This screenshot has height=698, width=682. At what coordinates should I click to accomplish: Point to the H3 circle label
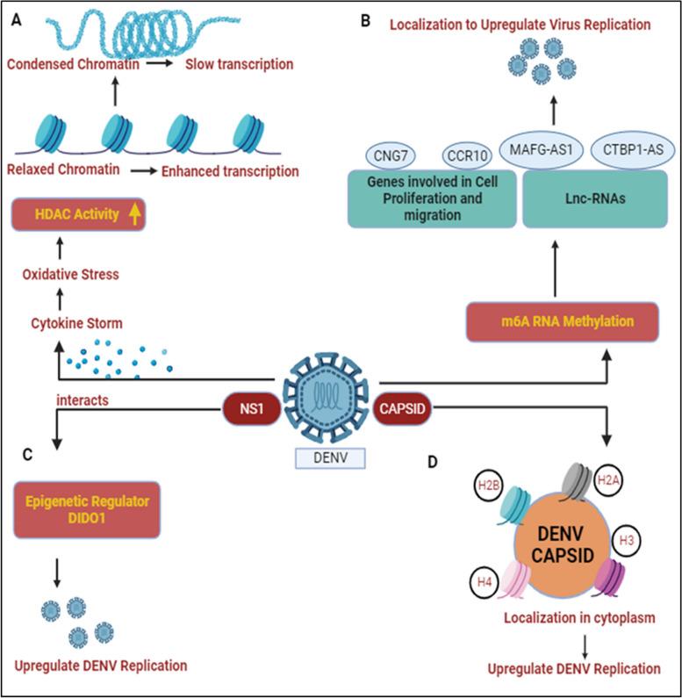pos(626,540)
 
